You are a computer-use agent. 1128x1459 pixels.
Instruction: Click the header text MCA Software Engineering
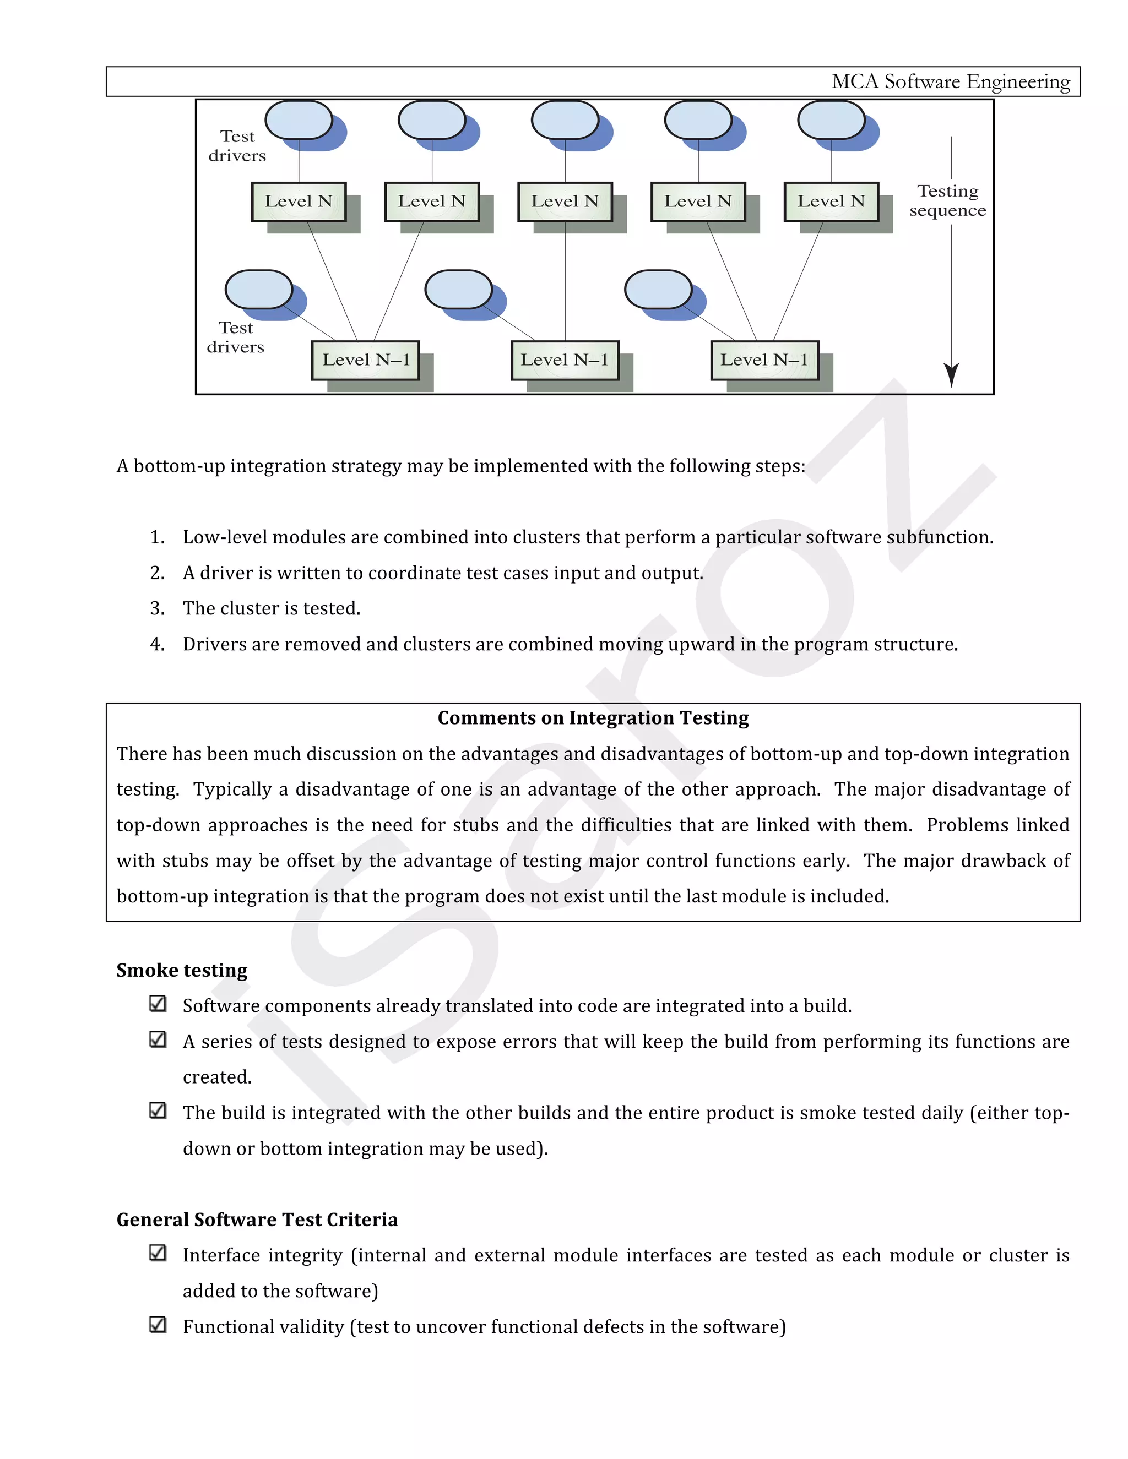[950, 81]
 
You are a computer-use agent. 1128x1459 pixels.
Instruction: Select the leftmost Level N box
[298, 201]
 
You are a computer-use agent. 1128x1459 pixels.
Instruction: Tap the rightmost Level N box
[831, 201]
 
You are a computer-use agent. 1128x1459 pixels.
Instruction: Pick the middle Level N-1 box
[565, 360]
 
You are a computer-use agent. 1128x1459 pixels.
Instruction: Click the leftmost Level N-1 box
[366, 360]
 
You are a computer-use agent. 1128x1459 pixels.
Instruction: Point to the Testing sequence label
[947, 200]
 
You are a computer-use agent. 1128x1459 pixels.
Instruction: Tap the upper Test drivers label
[237, 146]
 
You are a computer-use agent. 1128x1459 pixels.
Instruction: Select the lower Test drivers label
[235, 337]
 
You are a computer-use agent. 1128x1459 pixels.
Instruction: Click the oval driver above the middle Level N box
[565, 120]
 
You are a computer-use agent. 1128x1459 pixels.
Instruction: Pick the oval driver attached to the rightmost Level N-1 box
[658, 289]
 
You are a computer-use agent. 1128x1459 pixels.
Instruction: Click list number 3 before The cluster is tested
[157, 608]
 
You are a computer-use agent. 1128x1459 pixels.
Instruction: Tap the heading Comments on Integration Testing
[593, 718]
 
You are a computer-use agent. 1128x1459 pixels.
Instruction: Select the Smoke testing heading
[182, 970]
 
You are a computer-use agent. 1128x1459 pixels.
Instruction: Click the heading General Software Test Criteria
[257, 1220]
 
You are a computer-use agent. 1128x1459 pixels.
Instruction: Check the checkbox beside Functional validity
[158, 1325]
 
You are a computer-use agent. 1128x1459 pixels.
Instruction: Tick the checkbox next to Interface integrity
[158, 1253]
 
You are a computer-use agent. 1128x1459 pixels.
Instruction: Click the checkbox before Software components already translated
[158, 1004]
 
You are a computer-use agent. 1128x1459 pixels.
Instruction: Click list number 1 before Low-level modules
[157, 537]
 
